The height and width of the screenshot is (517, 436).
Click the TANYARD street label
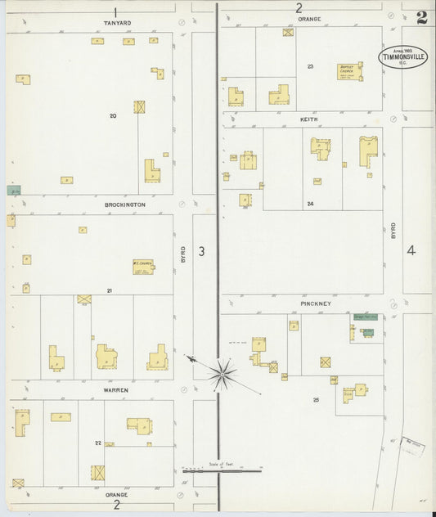click(x=117, y=23)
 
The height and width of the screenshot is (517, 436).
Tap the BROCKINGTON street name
click(x=125, y=205)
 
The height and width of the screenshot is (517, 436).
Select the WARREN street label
click(x=115, y=390)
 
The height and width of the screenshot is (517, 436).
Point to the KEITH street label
click(x=308, y=119)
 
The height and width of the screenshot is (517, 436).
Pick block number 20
click(x=113, y=115)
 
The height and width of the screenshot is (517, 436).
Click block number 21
click(x=109, y=290)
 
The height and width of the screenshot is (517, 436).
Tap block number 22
click(x=97, y=443)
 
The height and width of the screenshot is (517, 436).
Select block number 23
click(x=311, y=66)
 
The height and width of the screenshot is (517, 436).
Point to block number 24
click(x=310, y=203)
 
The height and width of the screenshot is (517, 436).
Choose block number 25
click(x=316, y=399)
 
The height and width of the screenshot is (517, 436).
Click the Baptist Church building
click(x=349, y=71)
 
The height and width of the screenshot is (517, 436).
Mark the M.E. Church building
click(x=143, y=266)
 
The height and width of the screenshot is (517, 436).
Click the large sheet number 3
click(x=201, y=251)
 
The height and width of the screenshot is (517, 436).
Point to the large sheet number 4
click(x=411, y=250)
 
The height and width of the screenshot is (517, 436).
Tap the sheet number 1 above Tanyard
click(x=116, y=11)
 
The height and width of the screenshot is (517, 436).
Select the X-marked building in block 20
click(x=140, y=106)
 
